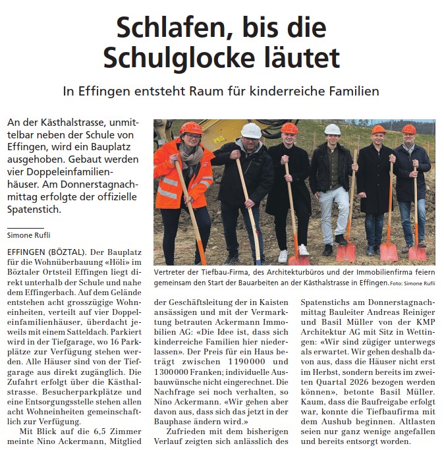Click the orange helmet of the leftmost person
[x=192, y=128]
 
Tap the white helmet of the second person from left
[x=250, y=130]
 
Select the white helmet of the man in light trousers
[x=333, y=129]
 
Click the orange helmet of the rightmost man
[x=409, y=129]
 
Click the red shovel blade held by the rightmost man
[x=416, y=252]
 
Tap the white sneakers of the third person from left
[x=292, y=253]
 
